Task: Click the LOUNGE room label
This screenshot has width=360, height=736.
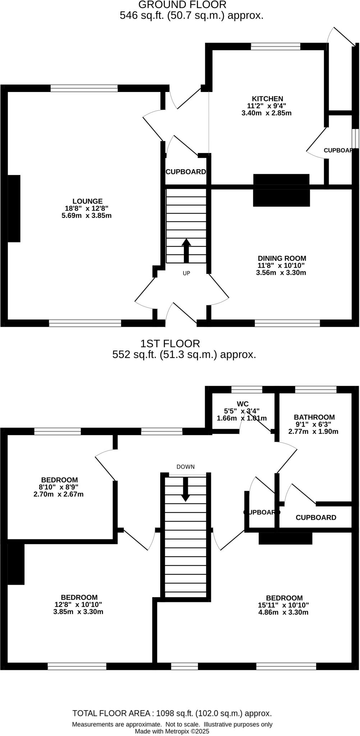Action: [87, 201]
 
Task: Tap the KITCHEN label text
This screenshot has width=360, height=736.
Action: [267, 98]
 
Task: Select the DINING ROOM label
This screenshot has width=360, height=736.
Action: [282, 258]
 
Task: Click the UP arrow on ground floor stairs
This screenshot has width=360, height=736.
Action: [186, 250]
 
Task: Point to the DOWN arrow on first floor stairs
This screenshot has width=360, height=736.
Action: [185, 489]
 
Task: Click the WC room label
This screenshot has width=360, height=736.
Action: [243, 404]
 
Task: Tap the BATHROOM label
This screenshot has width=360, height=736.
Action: [314, 417]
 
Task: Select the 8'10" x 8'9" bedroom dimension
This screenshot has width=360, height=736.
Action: [59, 487]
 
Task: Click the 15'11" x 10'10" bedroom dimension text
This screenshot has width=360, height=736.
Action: [283, 605]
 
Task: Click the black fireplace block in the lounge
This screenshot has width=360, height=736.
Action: [14, 208]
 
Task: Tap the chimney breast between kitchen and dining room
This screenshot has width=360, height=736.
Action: [281, 190]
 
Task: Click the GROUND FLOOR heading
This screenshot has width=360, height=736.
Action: [182, 5]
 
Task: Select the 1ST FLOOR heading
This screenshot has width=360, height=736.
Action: [170, 344]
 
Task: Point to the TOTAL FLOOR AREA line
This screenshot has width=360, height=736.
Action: [172, 713]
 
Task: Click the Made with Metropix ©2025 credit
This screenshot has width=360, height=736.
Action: [172, 731]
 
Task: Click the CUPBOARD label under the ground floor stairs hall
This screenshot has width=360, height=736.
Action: [186, 172]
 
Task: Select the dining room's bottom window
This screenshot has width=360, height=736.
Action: [287, 323]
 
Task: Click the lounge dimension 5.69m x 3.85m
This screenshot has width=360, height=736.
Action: [87, 216]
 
